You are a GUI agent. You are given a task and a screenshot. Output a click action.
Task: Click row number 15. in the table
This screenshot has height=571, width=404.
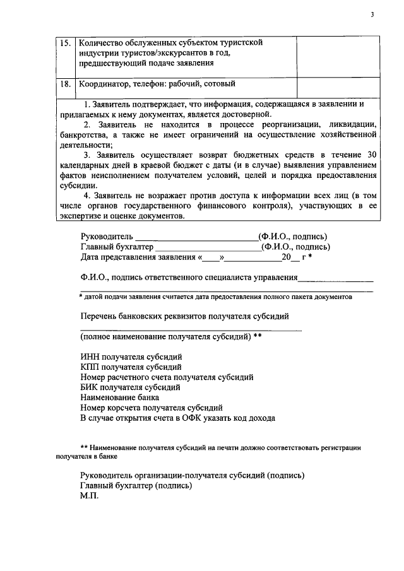[x=65, y=43]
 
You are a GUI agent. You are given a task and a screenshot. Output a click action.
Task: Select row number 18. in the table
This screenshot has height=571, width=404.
[x=65, y=84]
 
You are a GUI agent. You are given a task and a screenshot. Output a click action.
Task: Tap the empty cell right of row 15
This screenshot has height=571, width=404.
[x=338, y=57]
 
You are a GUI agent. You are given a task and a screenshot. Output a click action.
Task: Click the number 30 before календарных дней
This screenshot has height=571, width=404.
[x=372, y=155]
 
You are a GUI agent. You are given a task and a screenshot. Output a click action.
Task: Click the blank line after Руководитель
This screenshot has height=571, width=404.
[x=193, y=238]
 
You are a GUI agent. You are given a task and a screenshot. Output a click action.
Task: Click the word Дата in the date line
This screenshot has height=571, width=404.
[x=91, y=257]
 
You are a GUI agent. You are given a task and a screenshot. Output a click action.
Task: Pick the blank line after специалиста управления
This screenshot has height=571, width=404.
[x=335, y=278]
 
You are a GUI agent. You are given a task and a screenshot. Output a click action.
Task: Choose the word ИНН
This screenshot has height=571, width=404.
[x=90, y=357]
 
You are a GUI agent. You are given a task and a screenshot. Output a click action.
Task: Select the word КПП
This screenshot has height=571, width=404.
[x=90, y=367]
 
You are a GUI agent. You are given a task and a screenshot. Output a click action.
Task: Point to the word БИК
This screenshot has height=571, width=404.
[x=90, y=387]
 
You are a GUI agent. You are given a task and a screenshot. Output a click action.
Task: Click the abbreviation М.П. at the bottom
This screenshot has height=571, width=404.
[x=90, y=497]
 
